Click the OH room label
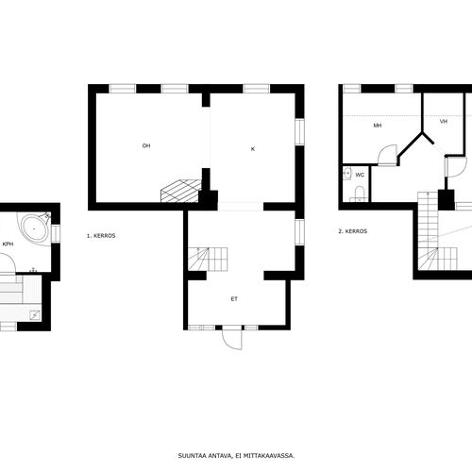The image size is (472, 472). point(146,145)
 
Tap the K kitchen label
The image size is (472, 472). point(253,149)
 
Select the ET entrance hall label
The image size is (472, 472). point(234,299)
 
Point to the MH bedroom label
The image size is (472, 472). point(378,126)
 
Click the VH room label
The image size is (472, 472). point(444,122)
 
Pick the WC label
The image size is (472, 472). point(360,175)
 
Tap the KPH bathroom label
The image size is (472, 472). point(8,244)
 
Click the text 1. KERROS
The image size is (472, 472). point(101,235)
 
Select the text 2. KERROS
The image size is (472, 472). point(353,231)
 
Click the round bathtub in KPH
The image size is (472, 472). point(35,228)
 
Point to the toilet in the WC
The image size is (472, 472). point(360,194)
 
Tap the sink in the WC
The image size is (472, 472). point(347,174)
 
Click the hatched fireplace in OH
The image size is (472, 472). point(180,191)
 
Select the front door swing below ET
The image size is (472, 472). point(232,338)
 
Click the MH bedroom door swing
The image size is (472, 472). point(388,155)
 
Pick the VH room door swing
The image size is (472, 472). point(456,167)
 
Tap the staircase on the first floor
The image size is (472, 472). point(208,259)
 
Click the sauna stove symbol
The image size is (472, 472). point(35,314)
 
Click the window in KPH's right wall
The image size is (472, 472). point(56,233)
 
